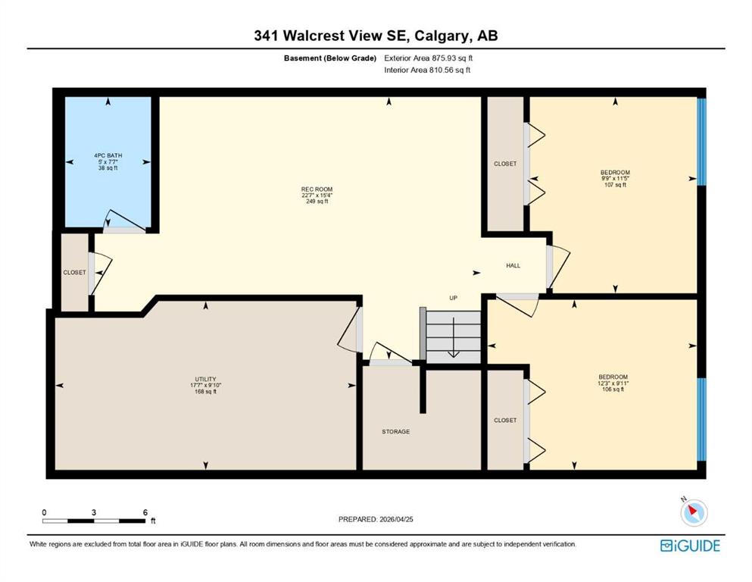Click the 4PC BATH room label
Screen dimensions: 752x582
[108, 155]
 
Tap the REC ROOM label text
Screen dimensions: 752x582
[317, 189]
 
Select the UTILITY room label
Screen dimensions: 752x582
[205, 379]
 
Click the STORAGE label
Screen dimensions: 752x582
[395, 432]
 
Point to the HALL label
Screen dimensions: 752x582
[513, 265]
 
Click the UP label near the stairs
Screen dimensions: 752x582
[453, 298]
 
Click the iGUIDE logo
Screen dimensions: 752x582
[690, 546]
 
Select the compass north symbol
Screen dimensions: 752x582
[694, 512]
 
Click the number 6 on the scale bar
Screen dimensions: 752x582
[145, 512]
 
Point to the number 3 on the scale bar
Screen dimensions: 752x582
[94, 512]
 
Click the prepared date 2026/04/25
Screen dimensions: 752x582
[396, 519]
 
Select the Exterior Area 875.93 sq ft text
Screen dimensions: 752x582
[429, 58]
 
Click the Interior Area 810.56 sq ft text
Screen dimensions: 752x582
[427, 70]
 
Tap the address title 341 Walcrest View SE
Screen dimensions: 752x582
[330, 36]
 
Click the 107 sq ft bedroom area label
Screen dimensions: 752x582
[615, 185]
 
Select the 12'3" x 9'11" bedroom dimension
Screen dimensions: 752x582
[613, 383]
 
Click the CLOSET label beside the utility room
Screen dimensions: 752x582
[74, 273]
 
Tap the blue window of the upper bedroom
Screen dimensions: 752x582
[701, 142]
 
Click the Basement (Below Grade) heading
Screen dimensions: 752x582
[330, 58]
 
